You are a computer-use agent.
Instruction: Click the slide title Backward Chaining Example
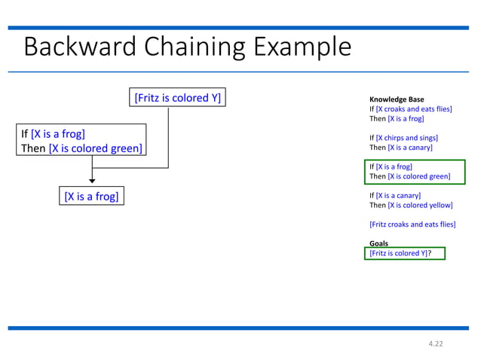coord(187,47)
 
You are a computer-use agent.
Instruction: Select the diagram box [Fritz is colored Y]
coord(177,98)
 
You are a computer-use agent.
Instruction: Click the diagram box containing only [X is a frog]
coord(91,197)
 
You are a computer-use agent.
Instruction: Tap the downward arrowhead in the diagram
coord(92,179)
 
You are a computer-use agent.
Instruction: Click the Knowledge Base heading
coord(396,99)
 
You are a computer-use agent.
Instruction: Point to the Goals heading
coord(378,243)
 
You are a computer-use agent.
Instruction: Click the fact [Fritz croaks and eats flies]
coord(412,224)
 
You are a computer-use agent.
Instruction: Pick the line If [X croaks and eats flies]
coord(410,109)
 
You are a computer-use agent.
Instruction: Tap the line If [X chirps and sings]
coord(403,138)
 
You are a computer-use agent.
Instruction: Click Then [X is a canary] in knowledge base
coord(400,148)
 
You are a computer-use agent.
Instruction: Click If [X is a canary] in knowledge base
coord(394,195)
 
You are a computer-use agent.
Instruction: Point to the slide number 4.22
coord(435,343)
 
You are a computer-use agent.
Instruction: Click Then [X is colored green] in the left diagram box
coord(81,148)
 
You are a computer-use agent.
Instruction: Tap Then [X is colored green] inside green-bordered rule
coord(409,176)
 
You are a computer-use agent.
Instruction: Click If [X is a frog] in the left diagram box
coord(53,133)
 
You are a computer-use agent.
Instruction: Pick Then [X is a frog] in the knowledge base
coord(396,119)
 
